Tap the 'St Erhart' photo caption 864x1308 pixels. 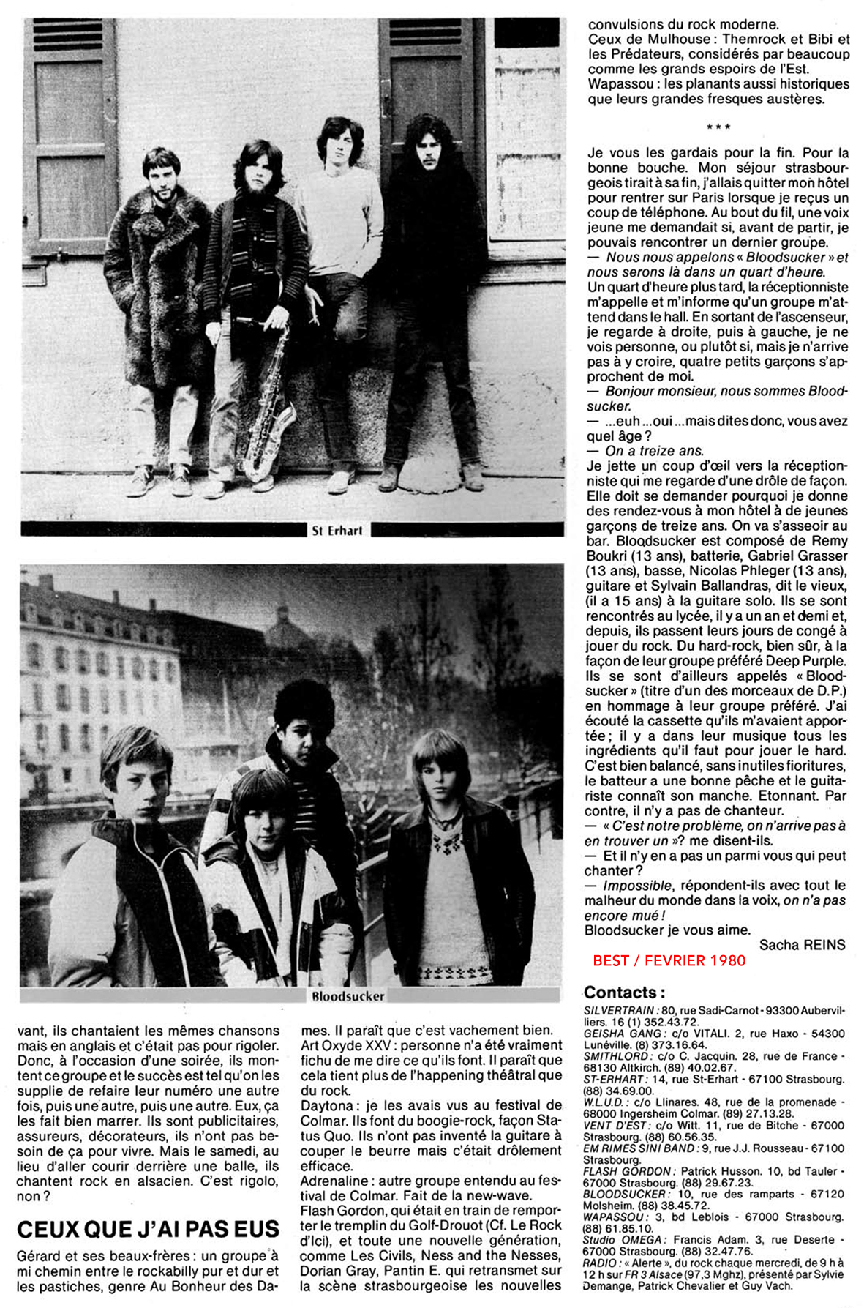pyautogui.click(x=337, y=531)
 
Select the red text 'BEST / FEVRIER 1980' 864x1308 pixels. pyautogui.click(x=669, y=960)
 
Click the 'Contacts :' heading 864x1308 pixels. pyautogui.click(x=624, y=993)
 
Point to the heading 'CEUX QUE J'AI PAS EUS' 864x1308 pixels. pyautogui.click(x=148, y=1229)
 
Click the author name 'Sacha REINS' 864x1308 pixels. pyautogui.click(x=802, y=945)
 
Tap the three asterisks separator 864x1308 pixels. pyautogui.click(x=718, y=127)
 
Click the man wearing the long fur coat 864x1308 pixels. pyautogui.click(x=157, y=278)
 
